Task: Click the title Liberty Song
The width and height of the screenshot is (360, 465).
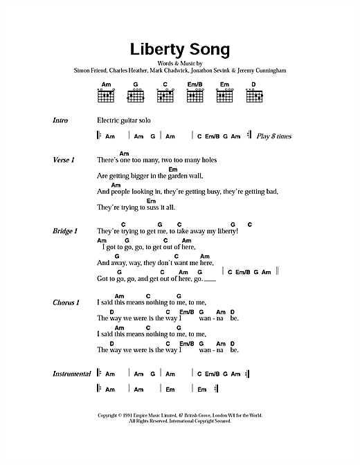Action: [179, 50]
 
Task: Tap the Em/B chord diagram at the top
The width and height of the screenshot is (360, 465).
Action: [195, 95]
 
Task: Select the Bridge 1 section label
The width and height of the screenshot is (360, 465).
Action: [65, 231]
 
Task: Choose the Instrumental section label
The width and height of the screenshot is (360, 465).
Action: [72, 374]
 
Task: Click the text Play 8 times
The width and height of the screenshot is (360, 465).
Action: [273, 136]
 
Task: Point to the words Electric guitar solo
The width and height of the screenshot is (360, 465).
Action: [124, 120]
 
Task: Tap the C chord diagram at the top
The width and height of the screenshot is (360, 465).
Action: [165, 95]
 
